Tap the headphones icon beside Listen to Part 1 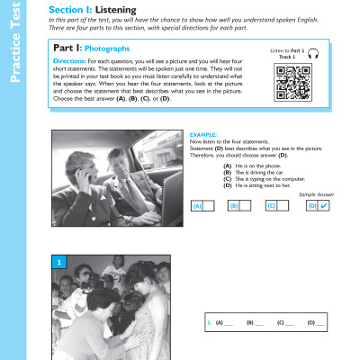[x=314, y=55]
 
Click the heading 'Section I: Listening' [x=86, y=9]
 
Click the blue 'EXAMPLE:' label [x=205, y=134]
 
